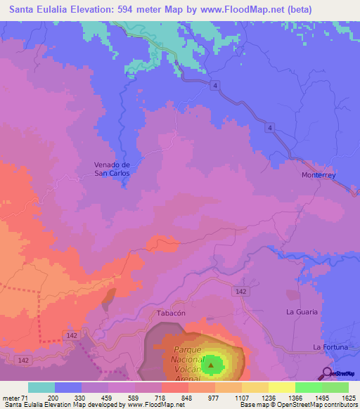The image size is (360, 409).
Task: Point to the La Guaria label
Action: click(x=302, y=311)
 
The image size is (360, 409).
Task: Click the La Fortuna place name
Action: click(x=332, y=347)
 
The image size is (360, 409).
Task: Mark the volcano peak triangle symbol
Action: click(x=210, y=365)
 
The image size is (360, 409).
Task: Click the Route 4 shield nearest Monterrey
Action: click(x=269, y=127)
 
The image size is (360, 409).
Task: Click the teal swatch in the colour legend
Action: click(x=41, y=387)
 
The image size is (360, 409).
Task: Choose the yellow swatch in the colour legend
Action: click(x=282, y=387)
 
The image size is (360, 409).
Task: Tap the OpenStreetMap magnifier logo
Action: click(x=326, y=372)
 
